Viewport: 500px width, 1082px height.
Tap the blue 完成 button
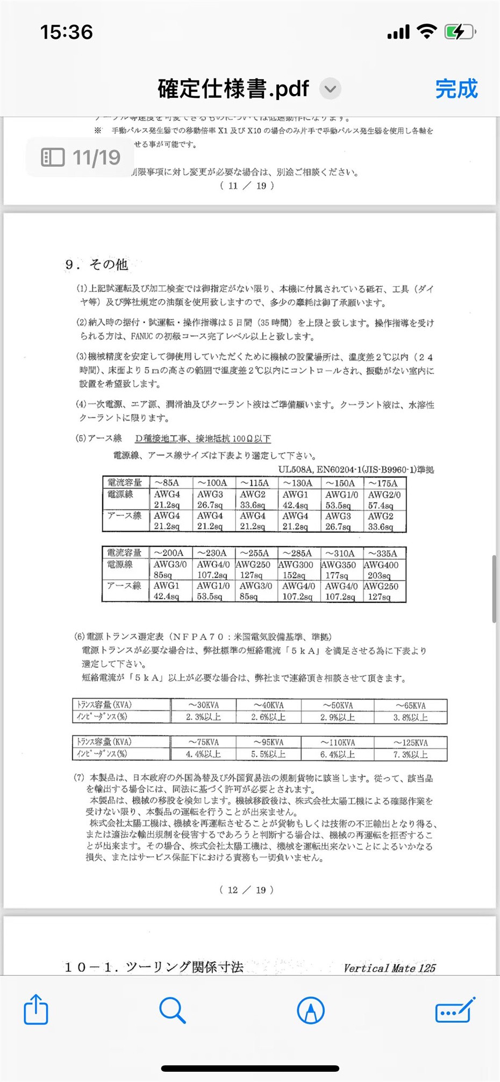pyautogui.click(x=456, y=89)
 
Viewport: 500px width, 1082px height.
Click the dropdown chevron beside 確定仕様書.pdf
pyautogui.click(x=331, y=89)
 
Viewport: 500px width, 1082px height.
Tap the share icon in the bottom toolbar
pyautogui.click(x=36, y=1009)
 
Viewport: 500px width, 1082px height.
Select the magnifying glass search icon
pyautogui.click(x=173, y=1010)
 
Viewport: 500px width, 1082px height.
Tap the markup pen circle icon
pyautogui.click(x=311, y=1010)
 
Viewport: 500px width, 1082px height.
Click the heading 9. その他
pyautogui.click(x=97, y=264)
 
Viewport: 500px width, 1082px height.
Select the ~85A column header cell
pyautogui.click(x=167, y=483)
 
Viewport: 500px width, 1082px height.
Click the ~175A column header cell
pyautogui.click(x=383, y=483)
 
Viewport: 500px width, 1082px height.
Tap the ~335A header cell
pyautogui.click(x=383, y=553)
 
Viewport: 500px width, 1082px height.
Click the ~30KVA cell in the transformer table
pyautogui.click(x=204, y=705)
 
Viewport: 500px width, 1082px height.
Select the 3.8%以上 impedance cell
pyautogui.click(x=410, y=717)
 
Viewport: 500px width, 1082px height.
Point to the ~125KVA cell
pyautogui.click(x=410, y=743)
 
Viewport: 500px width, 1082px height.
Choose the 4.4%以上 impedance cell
pyautogui.click(x=204, y=754)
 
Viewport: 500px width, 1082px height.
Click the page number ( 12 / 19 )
pyautogui.click(x=247, y=890)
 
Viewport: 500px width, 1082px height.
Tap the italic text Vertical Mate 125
pyautogui.click(x=390, y=969)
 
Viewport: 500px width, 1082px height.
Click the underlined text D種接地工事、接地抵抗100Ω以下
pyautogui.click(x=203, y=439)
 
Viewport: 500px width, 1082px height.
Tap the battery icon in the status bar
pyautogui.click(x=459, y=32)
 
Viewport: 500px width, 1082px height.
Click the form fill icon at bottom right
pyautogui.click(x=455, y=1010)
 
